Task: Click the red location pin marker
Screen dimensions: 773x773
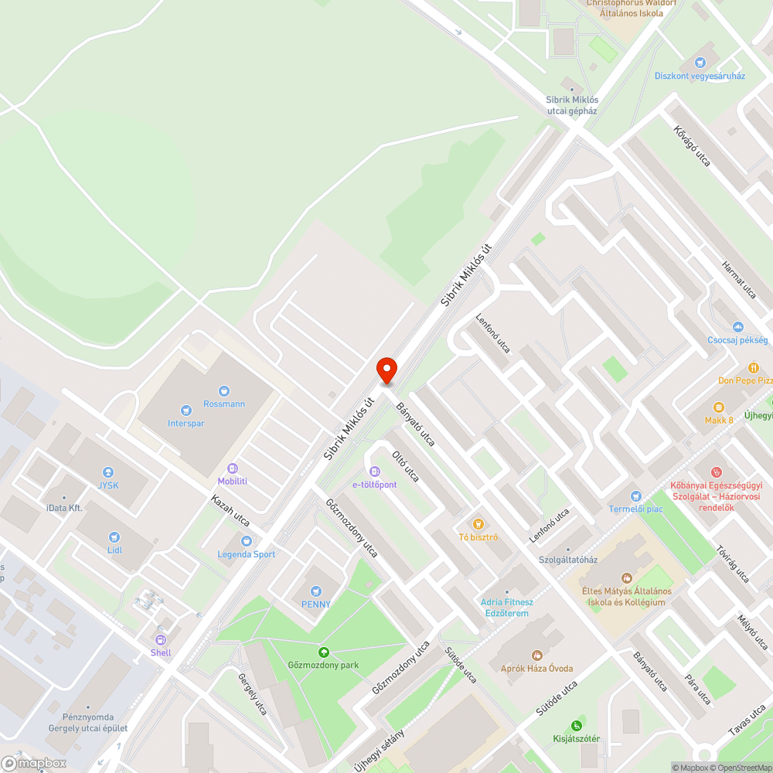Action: [x=386, y=370]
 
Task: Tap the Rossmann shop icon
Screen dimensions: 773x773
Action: [x=224, y=391]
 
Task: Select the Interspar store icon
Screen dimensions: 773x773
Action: [x=186, y=410]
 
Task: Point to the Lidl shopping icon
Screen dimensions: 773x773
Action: [x=115, y=537]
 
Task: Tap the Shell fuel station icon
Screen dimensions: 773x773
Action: [x=161, y=639]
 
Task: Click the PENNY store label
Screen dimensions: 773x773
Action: [x=316, y=604]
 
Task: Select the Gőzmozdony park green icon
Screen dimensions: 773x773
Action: [x=323, y=652]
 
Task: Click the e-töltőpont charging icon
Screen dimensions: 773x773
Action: [x=375, y=472]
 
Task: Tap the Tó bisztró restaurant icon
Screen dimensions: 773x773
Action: [x=478, y=524]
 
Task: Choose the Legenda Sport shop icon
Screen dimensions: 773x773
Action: [x=247, y=541]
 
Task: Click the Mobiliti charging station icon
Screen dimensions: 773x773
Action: [x=233, y=468]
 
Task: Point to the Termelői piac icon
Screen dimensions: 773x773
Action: [x=635, y=495]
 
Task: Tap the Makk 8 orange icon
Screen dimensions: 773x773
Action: [x=719, y=407]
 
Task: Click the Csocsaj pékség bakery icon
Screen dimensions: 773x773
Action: [x=737, y=327]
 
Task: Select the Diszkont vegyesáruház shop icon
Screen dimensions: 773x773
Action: [x=700, y=63]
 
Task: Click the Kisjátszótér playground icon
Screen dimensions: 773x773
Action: [x=576, y=725]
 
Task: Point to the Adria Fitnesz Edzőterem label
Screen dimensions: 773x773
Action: [x=507, y=607]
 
